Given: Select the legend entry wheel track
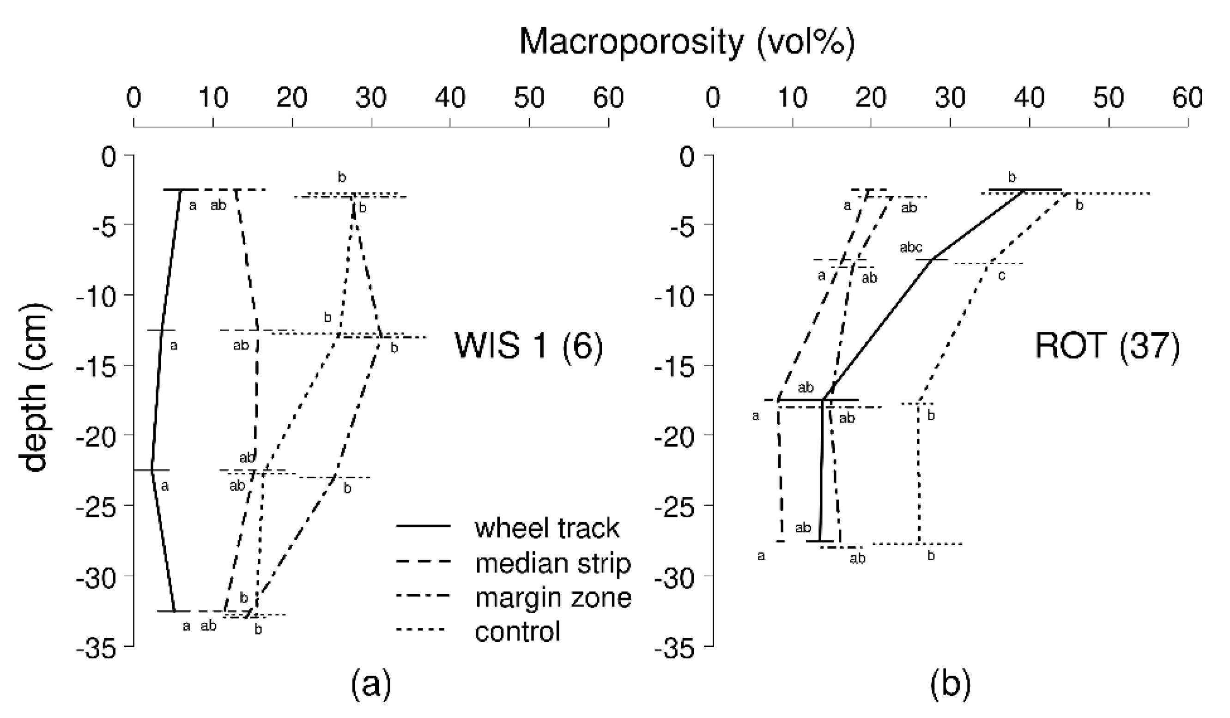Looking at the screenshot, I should coord(547,528).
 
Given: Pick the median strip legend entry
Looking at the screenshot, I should coord(552,563).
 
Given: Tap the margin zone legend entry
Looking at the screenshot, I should coord(553,597).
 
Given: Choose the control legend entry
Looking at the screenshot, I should coord(517,632).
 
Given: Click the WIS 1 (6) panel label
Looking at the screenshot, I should coord(528,345).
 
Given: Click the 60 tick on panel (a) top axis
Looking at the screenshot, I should coord(608,98).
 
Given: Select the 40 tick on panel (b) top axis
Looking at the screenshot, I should coord(1030,98).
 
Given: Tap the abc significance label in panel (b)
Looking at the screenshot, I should coord(911,248).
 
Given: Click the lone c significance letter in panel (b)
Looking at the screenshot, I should coord(1001,276).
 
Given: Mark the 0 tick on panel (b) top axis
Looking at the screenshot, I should coord(713,98).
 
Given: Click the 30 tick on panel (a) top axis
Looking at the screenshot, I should coord(371,98).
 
